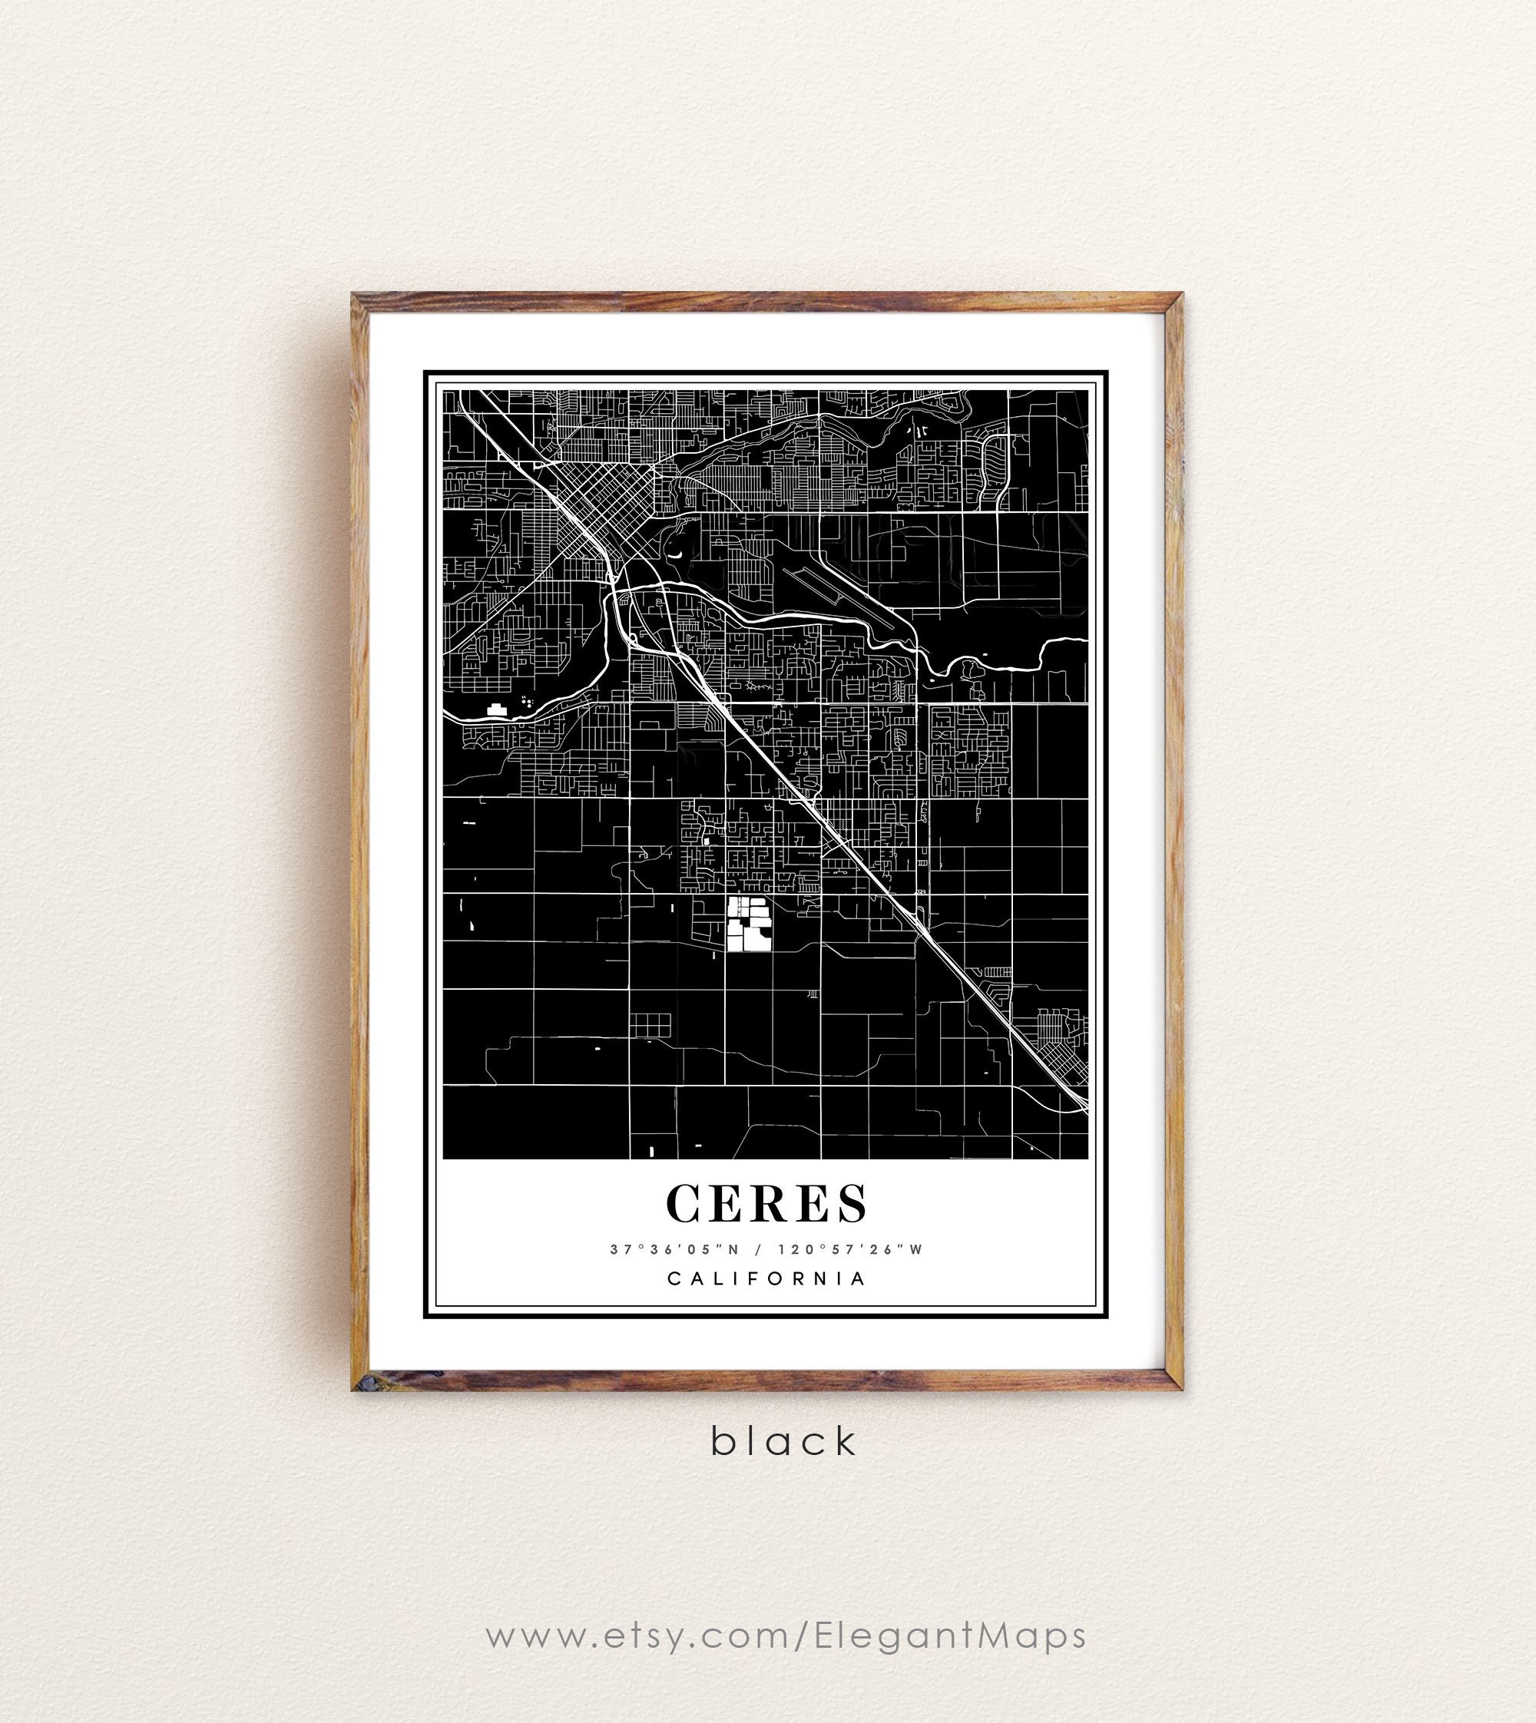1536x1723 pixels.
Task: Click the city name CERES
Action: click(x=767, y=1202)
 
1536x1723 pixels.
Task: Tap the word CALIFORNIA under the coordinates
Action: click(x=767, y=1278)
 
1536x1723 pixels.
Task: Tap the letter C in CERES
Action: click(x=689, y=1202)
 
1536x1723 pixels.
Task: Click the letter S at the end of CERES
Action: click(x=852, y=1202)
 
